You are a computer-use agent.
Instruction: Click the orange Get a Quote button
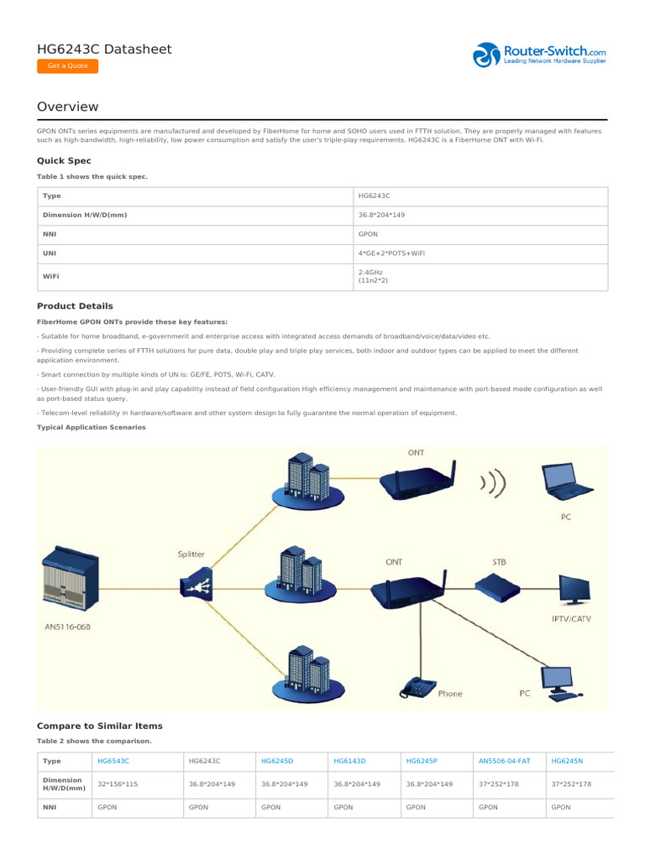67,66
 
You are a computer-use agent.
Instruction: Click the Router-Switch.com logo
539,55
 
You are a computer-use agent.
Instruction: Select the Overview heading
67,107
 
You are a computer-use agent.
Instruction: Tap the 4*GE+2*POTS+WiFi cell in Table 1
391,252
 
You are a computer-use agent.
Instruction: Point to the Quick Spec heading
64,160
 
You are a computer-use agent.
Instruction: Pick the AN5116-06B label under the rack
67,626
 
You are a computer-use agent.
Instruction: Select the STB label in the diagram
499,561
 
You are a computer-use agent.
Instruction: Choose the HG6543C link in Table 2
113,760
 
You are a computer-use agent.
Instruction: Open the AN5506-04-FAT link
504,760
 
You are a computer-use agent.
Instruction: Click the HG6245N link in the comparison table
567,760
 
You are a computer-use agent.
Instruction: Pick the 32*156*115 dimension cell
118,784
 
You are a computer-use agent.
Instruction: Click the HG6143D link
349,760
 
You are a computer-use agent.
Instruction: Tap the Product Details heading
75,306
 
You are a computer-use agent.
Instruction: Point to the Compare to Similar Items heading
99,726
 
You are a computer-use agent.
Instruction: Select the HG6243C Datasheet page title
104,49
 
